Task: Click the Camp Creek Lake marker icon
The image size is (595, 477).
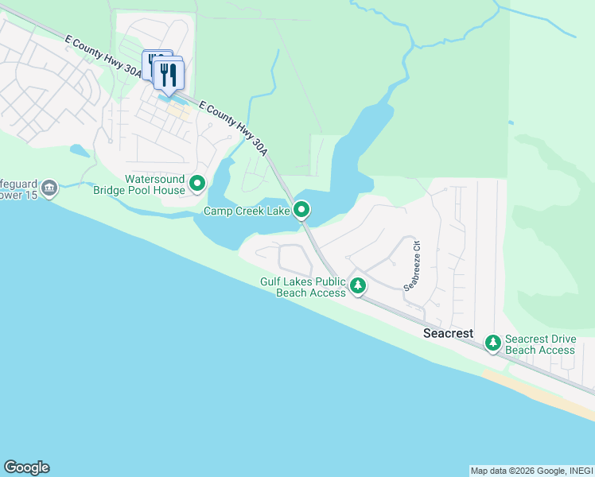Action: [x=301, y=210]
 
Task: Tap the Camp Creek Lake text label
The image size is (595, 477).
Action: [x=247, y=211]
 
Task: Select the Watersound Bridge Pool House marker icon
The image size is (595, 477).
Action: [x=197, y=184]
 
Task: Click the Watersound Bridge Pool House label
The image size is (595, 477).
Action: [x=139, y=184]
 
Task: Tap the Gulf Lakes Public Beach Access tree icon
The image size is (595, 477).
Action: [x=358, y=285]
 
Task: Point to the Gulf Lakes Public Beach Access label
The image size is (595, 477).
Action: [x=303, y=287]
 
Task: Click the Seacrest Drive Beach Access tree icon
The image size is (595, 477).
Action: [x=493, y=343]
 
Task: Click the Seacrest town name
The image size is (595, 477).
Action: [x=448, y=333]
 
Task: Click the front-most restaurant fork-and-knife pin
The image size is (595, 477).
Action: [x=169, y=76]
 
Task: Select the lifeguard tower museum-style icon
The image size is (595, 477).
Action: [x=49, y=188]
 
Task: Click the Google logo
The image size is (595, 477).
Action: [x=26, y=467]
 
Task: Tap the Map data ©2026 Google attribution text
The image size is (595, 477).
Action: [x=531, y=471]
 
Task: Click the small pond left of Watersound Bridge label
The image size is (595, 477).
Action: [x=80, y=149]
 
